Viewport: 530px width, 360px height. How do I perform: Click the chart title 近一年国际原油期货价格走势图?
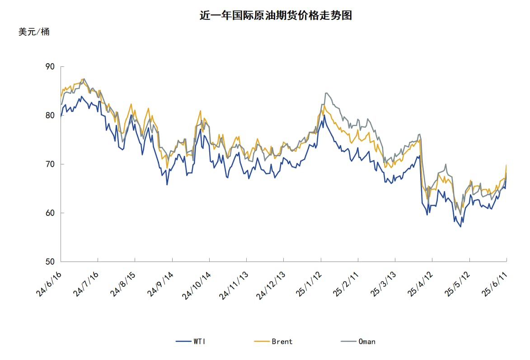(276, 16)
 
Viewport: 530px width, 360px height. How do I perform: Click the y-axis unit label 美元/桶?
(34, 32)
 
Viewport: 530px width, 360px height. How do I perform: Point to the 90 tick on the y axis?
(50, 67)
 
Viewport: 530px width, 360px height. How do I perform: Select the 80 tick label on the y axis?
(50, 116)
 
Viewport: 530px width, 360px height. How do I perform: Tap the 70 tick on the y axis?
(50, 164)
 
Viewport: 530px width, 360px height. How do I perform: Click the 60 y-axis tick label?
(50, 213)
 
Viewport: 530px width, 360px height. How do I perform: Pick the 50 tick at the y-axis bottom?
(50, 262)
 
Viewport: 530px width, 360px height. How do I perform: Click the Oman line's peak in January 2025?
(326, 93)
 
